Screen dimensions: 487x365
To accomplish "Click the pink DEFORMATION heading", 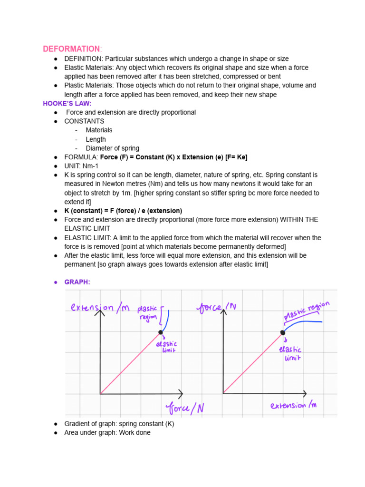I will [x=71, y=49].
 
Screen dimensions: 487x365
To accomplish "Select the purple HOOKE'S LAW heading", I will [x=67, y=103].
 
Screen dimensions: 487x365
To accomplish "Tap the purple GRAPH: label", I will [x=77, y=282].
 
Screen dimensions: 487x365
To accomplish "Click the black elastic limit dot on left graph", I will [x=161, y=332].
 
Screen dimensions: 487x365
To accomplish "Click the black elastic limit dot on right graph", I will [x=283, y=332].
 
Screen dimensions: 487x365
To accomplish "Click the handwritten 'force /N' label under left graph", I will [x=185, y=408].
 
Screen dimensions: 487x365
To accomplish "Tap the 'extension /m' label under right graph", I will [x=293, y=406].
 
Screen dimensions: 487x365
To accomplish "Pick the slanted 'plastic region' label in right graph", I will [x=307, y=311].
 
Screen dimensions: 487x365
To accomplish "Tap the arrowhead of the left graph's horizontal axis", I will [x=181, y=394].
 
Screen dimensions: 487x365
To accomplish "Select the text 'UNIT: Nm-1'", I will [x=81, y=166].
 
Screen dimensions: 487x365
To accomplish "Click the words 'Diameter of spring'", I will [x=112, y=148].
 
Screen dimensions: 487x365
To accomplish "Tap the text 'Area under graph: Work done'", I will [x=107, y=433].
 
